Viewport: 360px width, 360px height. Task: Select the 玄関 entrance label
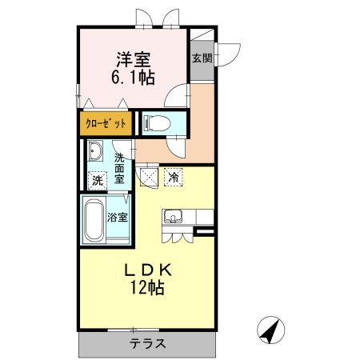pos(202,58)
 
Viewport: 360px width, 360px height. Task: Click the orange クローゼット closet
pos(106,124)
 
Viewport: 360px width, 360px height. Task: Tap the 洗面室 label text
pos(119,168)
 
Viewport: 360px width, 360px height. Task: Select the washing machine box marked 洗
pos(97,181)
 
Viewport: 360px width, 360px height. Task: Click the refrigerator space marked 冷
pos(173,178)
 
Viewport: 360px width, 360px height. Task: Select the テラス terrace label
pos(148,345)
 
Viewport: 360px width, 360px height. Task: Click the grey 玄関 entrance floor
pos(202,68)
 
